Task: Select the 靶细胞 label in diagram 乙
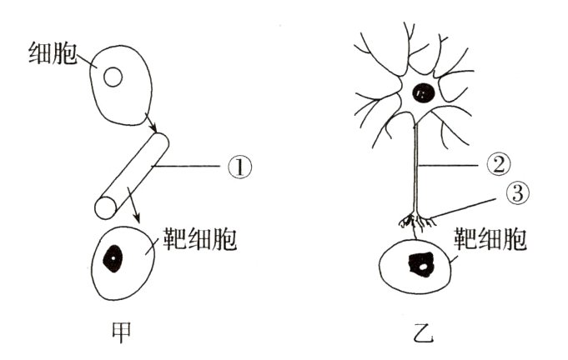491,240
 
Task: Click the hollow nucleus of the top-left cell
112,77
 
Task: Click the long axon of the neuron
415,167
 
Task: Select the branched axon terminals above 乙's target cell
415,222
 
